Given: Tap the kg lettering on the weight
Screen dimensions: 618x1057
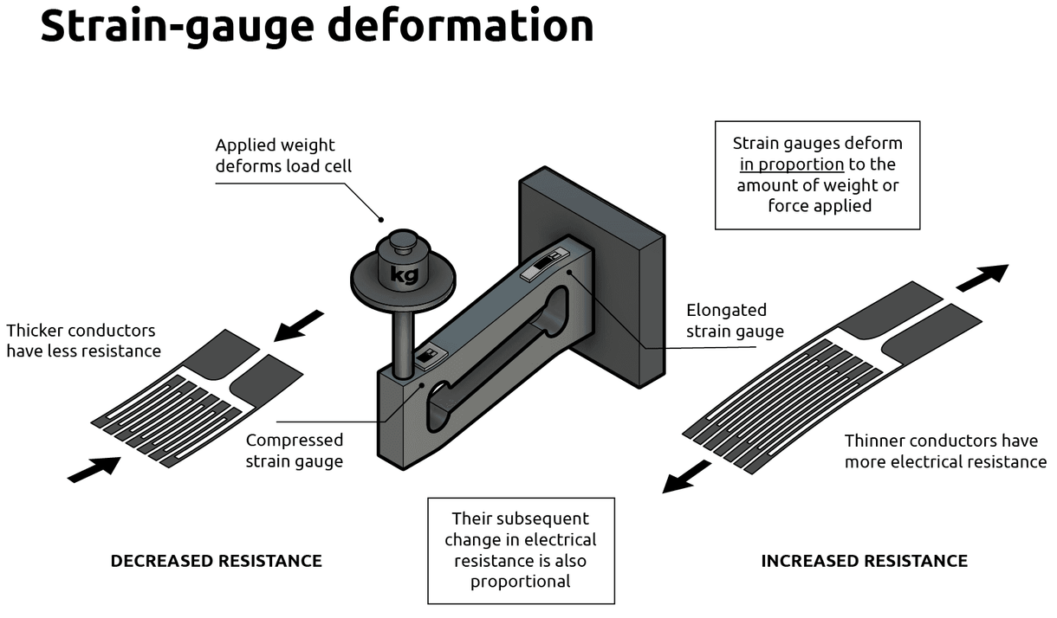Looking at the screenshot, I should [x=404, y=275].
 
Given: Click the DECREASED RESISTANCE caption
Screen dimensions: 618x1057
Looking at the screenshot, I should [x=216, y=561].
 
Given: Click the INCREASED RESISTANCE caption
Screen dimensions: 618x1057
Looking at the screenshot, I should [x=864, y=561].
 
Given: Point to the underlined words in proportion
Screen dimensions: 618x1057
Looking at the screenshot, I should [x=791, y=164].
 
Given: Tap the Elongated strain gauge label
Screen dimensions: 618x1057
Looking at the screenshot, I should [x=734, y=320].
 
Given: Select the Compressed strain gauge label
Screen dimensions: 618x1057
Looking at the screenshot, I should [x=295, y=450].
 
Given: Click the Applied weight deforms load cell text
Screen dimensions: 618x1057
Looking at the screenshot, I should [x=283, y=156].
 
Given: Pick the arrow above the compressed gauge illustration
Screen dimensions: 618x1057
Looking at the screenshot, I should [x=295, y=324].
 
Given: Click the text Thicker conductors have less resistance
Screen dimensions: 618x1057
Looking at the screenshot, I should [x=83, y=340].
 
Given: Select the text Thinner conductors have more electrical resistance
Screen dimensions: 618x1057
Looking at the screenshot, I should [x=944, y=451].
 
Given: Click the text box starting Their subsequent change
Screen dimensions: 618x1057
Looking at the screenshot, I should [x=521, y=550].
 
